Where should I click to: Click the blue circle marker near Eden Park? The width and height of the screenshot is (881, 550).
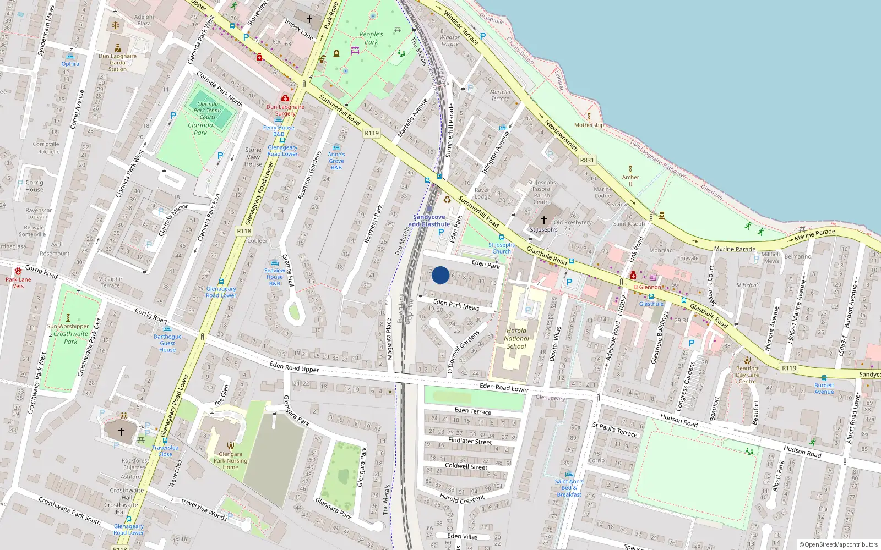tap(440, 275)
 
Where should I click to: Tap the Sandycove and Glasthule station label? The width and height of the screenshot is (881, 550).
tap(429, 221)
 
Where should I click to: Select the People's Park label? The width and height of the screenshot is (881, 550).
tap(371, 38)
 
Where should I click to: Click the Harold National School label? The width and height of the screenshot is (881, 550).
tap(516, 338)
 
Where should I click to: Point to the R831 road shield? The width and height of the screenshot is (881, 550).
tap(587, 160)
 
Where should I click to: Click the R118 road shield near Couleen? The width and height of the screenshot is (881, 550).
tap(244, 231)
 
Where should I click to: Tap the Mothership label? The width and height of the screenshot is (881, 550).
tap(589, 125)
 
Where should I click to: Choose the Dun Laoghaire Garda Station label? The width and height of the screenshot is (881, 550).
tap(117, 62)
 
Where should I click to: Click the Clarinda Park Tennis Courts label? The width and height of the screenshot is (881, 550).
tap(208, 110)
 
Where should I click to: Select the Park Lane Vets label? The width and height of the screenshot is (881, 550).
tap(18, 282)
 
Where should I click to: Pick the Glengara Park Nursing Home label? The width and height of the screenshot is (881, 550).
tap(230, 460)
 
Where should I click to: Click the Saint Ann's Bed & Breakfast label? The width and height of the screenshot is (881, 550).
tap(569, 488)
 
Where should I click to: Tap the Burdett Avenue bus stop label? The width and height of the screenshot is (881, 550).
tap(824, 388)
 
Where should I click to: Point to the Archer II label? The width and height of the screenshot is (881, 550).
tap(630, 180)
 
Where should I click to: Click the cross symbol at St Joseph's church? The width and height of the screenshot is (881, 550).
tap(544, 220)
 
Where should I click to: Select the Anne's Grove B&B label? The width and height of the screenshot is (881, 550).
tap(336, 161)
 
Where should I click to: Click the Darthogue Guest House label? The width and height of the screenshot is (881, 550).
tap(167, 343)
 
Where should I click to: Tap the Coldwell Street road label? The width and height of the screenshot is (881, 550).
tap(466, 466)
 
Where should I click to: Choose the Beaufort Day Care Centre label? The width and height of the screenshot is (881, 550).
tap(747, 375)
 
